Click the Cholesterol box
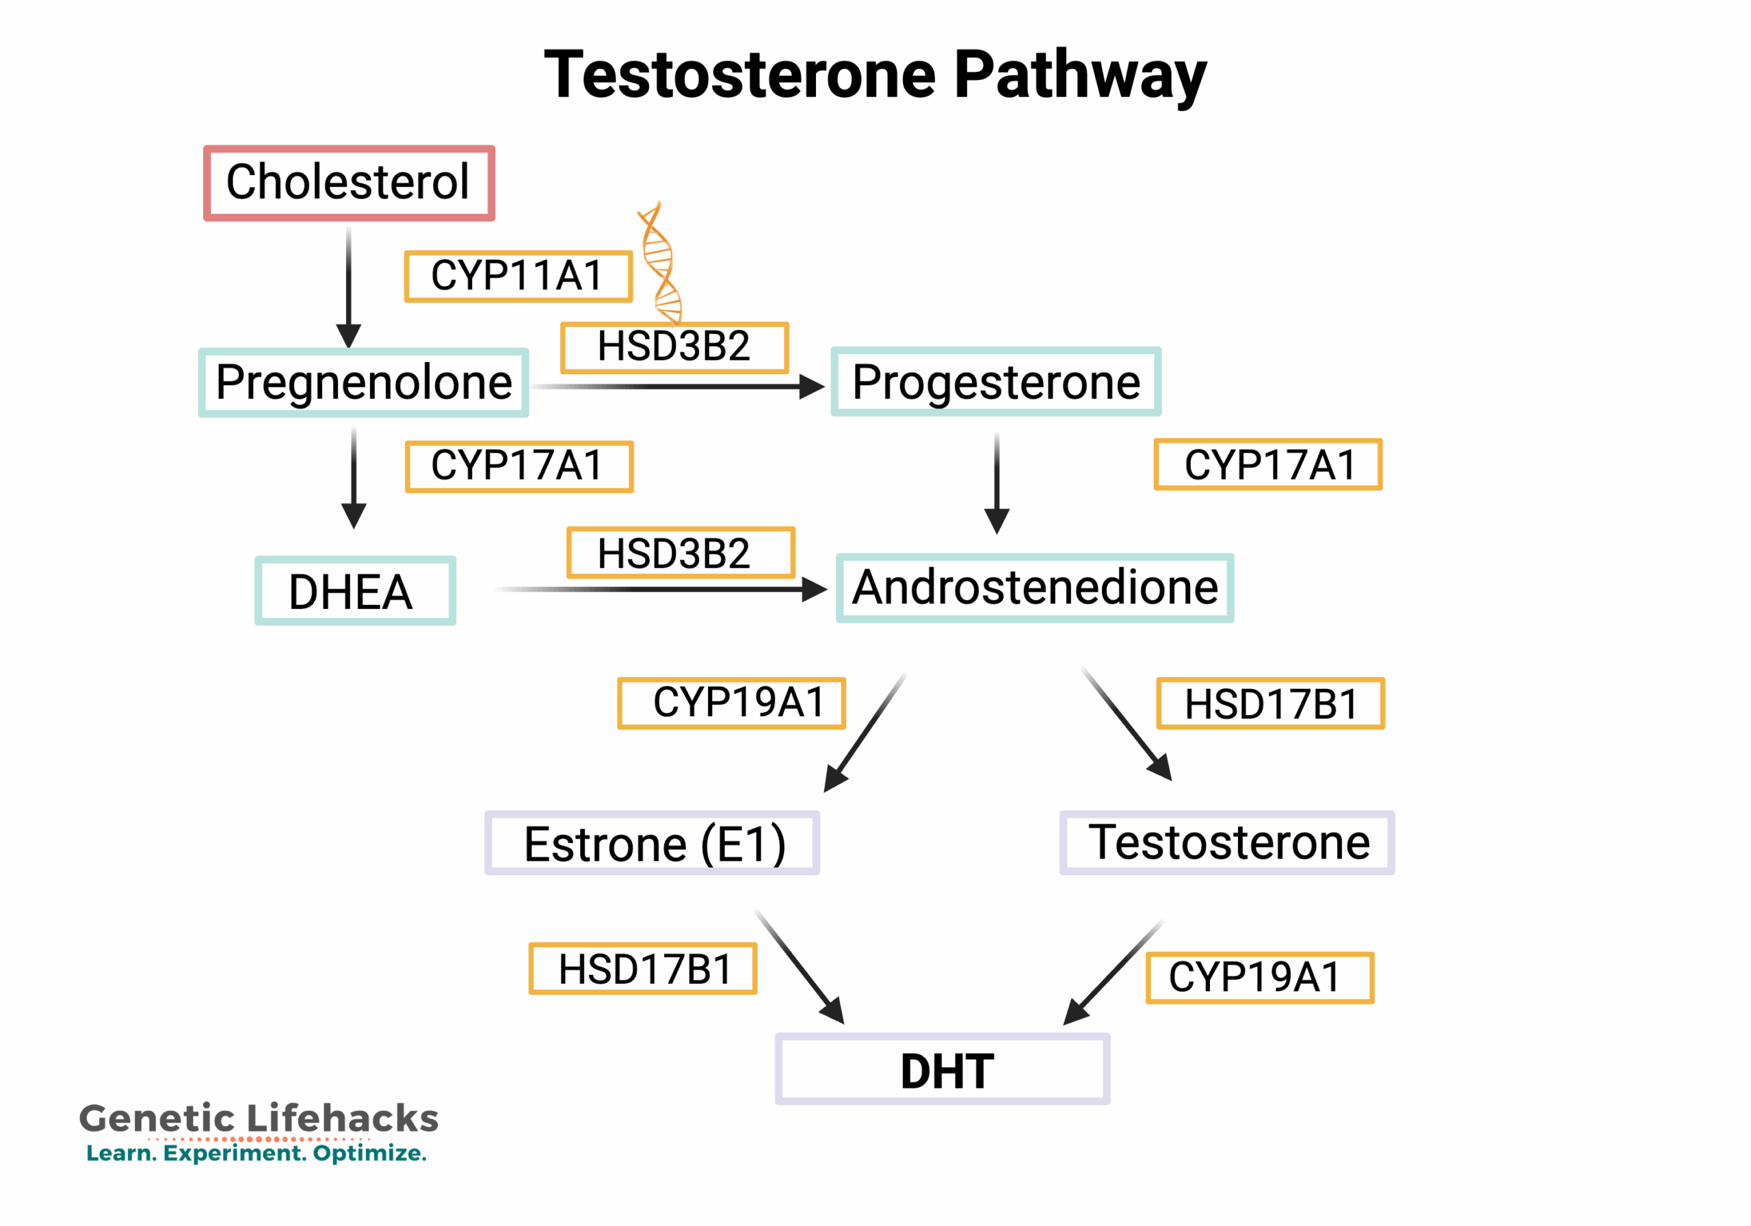(x=349, y=183)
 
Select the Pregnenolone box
(x=363, y=382)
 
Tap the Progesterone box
(x=995, y=382)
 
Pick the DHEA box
(x=354, y=591)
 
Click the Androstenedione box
(x=1034, y=588)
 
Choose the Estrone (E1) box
(x=652, y=843)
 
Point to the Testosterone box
(x=1226, y=842)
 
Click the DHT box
(x=942, y=1069)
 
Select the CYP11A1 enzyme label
(x=518, y=276)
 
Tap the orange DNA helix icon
(x=661, y=263)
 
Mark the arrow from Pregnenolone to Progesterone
(x=679, y=387)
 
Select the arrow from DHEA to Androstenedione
(x=663, y=589)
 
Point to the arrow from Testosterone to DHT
(x=1114, y=973)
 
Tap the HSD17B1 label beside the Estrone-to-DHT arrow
(x=643, y=969)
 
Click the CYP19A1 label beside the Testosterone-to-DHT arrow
(x=1259, y=977)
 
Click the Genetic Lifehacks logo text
(x=259, y=1119)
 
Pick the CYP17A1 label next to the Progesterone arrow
(x=1267, y=465)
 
